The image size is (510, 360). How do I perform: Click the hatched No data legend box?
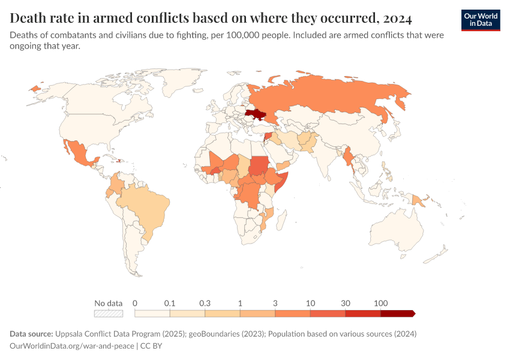tap(109, 313)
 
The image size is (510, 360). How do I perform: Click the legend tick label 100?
tap(380, 303)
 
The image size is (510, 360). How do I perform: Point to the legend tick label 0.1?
tap(170, 303)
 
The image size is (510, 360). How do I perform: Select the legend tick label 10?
tap(310, 303)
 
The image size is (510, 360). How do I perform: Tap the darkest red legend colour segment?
tap(397, 313)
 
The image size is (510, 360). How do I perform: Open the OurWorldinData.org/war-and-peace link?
tap(72, 346)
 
